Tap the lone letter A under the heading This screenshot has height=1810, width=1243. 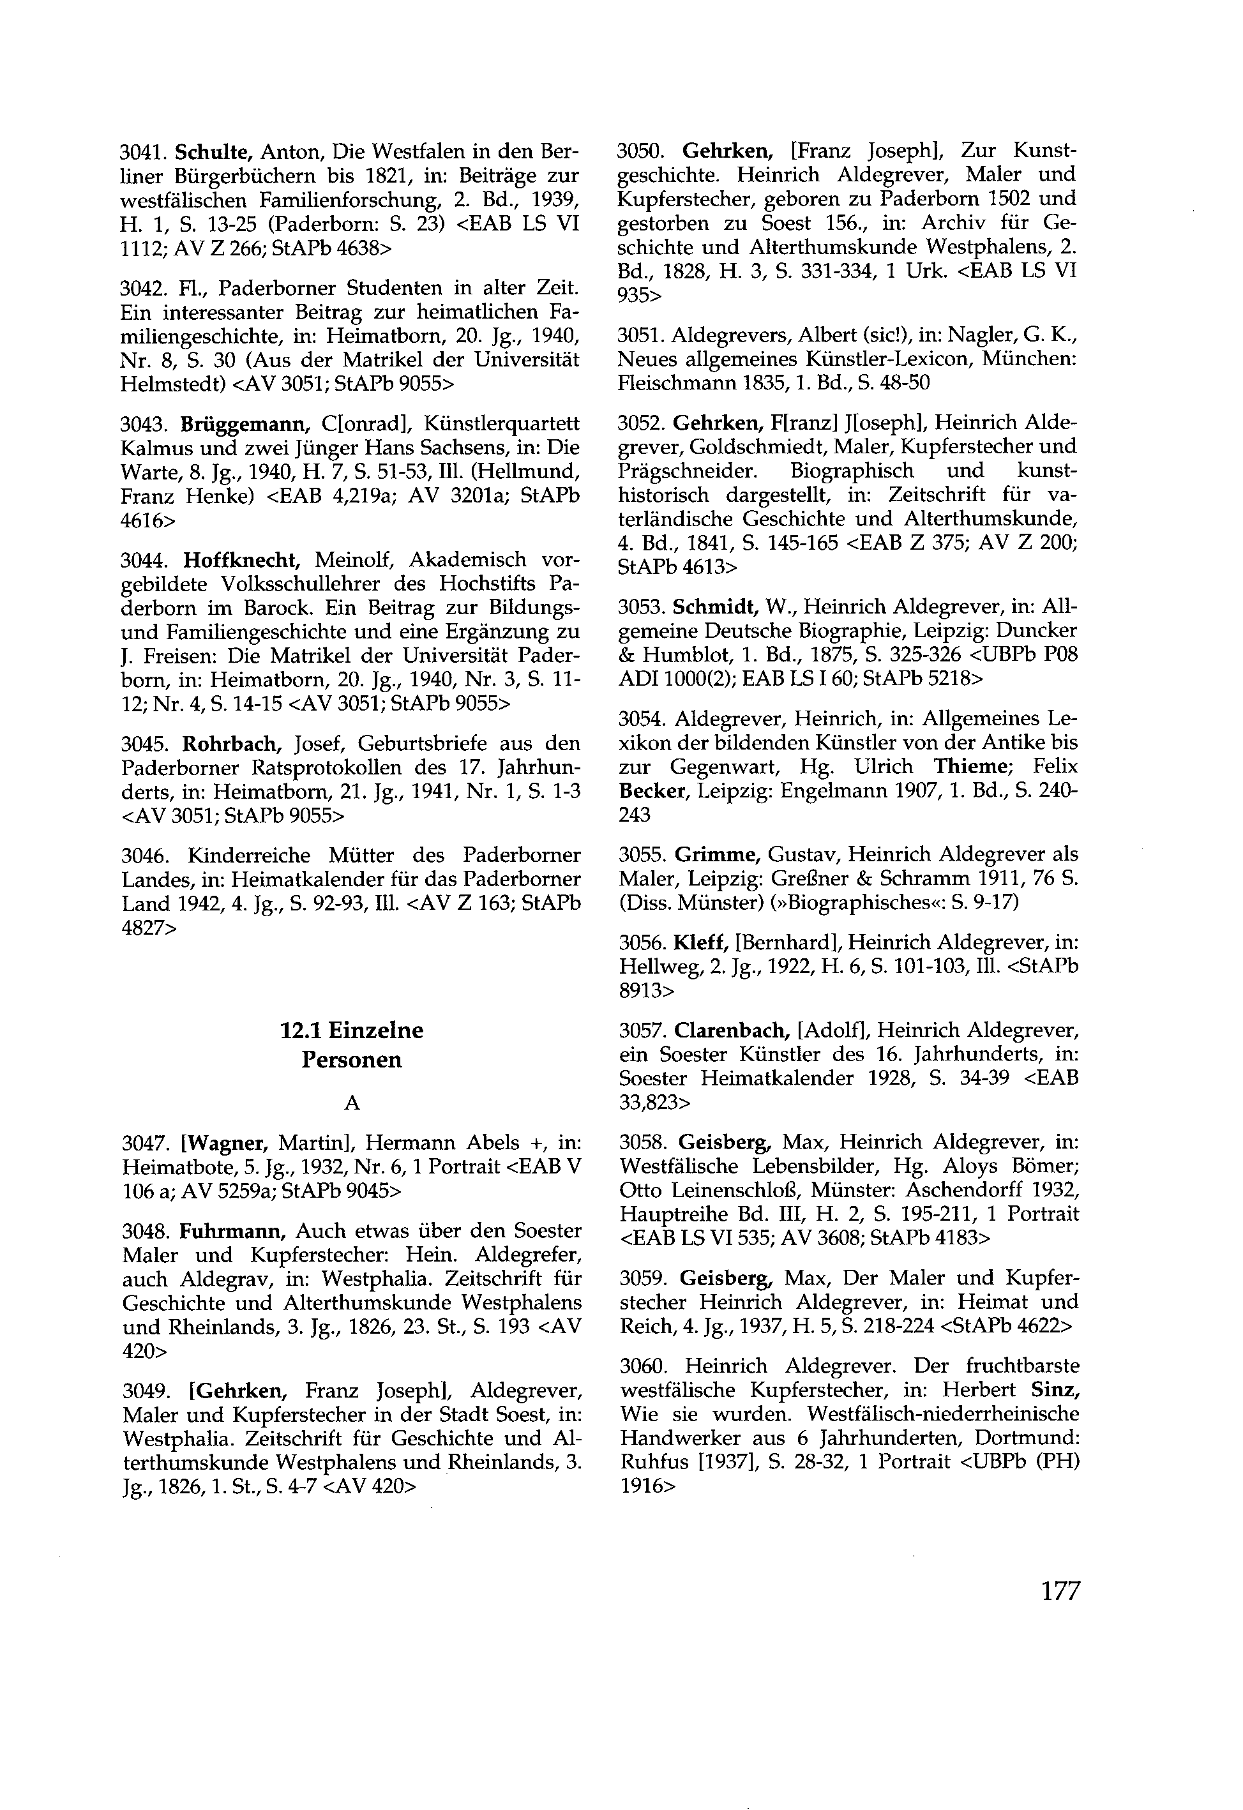(x=352, y=1102)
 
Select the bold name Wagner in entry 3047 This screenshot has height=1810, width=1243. (x=227, y=1143)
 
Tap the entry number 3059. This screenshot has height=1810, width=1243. (x=641, y=1278)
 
